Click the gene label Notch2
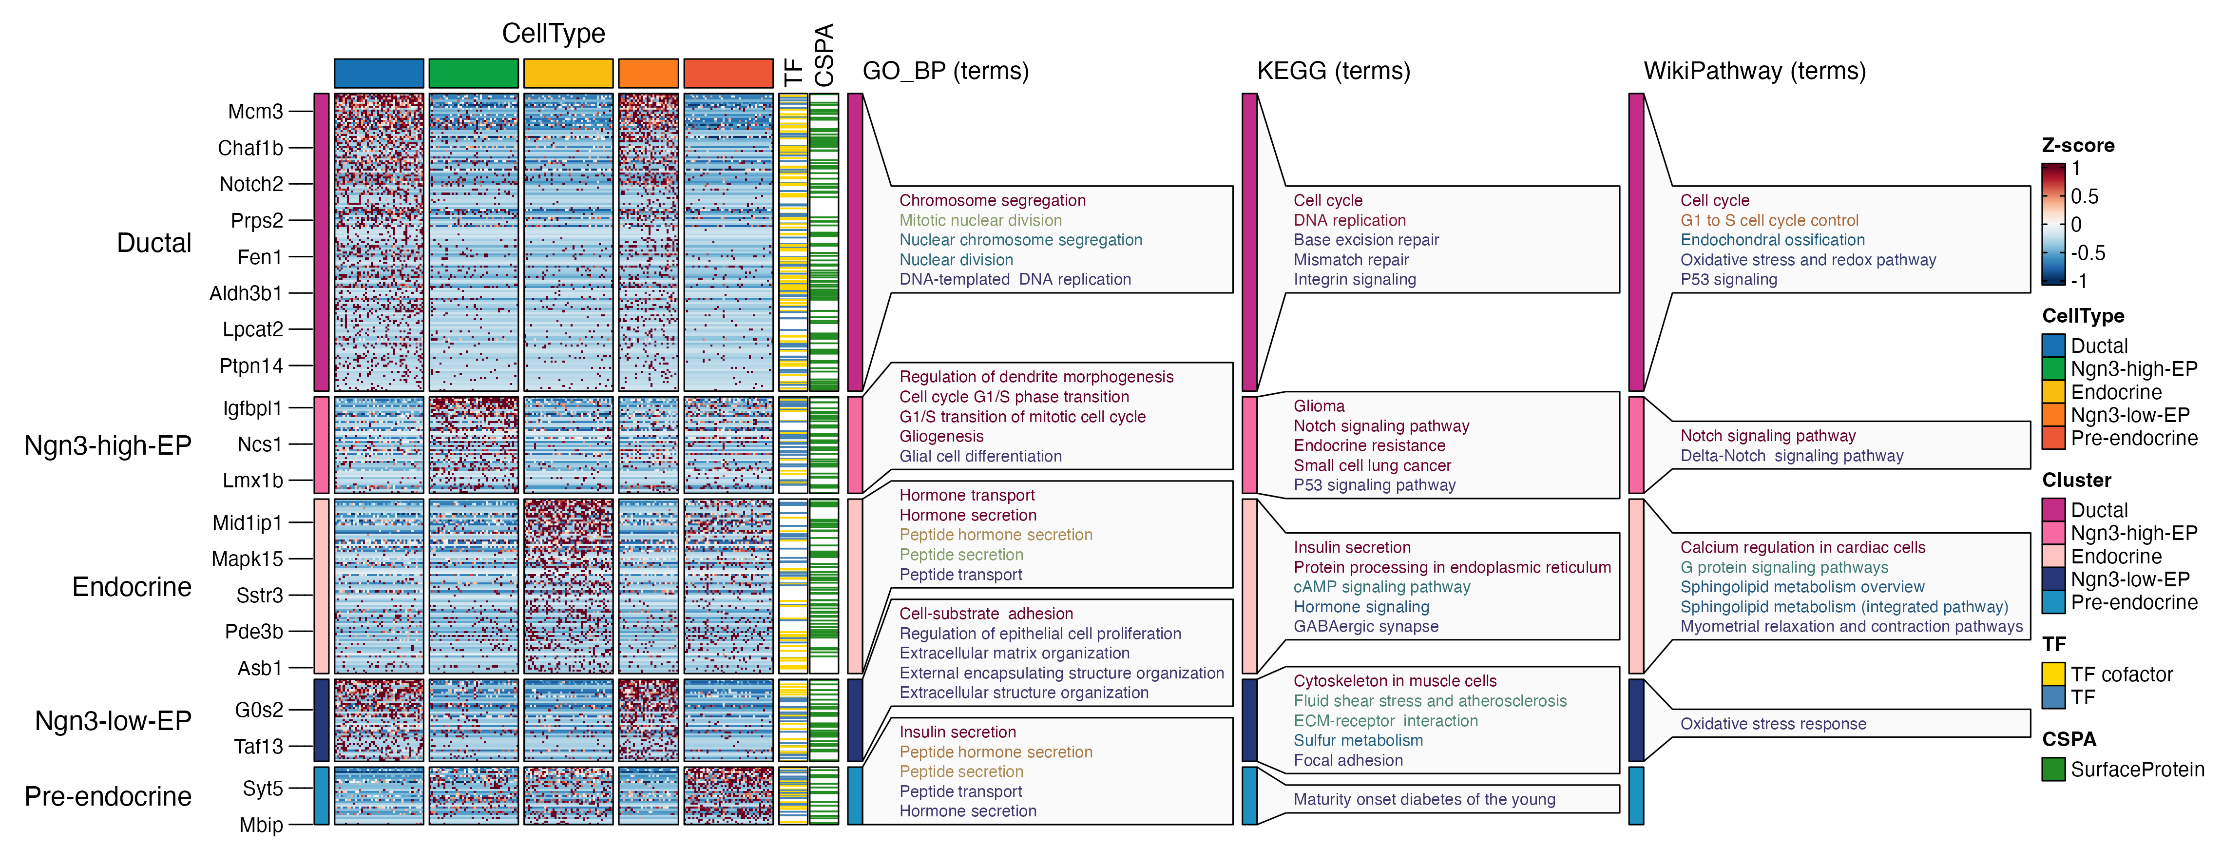(251, 184)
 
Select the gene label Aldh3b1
(246, 293)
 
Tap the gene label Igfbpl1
(252, 408)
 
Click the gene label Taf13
(258, 746)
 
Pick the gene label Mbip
(261, 825)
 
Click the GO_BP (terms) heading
(945, 71)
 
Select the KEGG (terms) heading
(1334, 71)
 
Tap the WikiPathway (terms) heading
(1755, 71)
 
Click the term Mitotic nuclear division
(981, 220)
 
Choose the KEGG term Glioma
(1319, 405)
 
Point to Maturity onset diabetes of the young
(1424, 799)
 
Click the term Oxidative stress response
(1773, 724)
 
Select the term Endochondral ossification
(1772, 240)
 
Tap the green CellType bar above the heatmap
(474, 73)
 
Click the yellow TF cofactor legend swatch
(2053, 674)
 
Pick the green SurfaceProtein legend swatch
(2053, 769)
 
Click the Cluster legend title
(2076, 480)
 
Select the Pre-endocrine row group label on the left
(108, 795)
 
